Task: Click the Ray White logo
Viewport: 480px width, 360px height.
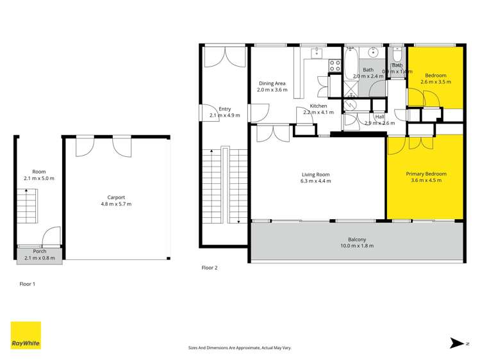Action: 26,336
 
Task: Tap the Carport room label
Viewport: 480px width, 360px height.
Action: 116,197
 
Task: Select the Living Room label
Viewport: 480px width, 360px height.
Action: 315,174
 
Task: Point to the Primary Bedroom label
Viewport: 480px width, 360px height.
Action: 426,174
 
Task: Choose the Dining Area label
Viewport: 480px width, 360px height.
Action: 272,83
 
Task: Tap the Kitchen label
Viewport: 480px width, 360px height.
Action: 319,106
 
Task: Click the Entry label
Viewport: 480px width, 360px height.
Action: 224,109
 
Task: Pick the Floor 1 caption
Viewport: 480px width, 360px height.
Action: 26,283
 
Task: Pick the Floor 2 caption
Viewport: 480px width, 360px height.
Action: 210,268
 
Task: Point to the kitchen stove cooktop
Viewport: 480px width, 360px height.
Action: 335,65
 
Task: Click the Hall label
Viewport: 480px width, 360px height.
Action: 379,117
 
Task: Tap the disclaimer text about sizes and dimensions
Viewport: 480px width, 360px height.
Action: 240,348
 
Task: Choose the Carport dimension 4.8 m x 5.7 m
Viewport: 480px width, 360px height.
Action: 116,204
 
